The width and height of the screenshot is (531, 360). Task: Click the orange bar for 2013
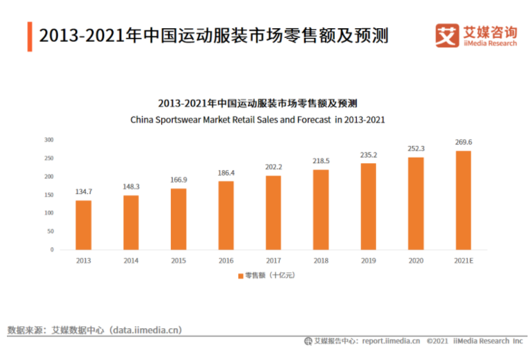tap(83, 224)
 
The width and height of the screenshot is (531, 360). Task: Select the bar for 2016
tap(226, 215)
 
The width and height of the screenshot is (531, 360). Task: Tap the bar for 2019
tap(368, 206)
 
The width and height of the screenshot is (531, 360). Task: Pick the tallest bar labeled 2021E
tap(464, 200)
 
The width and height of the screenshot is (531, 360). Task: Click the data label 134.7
tap(83, 193)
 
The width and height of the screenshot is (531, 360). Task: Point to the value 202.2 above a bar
tap(273, 167)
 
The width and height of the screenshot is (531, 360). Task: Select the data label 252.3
tap(416, 149)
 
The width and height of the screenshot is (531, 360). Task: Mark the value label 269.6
tap(464, 142)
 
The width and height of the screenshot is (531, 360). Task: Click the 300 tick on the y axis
tap(49, 140)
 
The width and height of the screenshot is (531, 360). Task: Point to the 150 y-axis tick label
tap(49, 195)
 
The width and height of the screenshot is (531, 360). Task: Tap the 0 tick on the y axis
tap(52, 250)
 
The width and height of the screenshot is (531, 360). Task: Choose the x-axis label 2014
tap(131, 261)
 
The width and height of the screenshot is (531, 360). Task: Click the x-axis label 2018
tap(321, 261)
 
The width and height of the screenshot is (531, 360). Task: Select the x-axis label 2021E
tap(464, 261)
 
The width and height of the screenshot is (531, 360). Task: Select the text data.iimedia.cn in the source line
tap(147, 330)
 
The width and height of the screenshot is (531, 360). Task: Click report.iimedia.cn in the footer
tap(391, 341)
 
